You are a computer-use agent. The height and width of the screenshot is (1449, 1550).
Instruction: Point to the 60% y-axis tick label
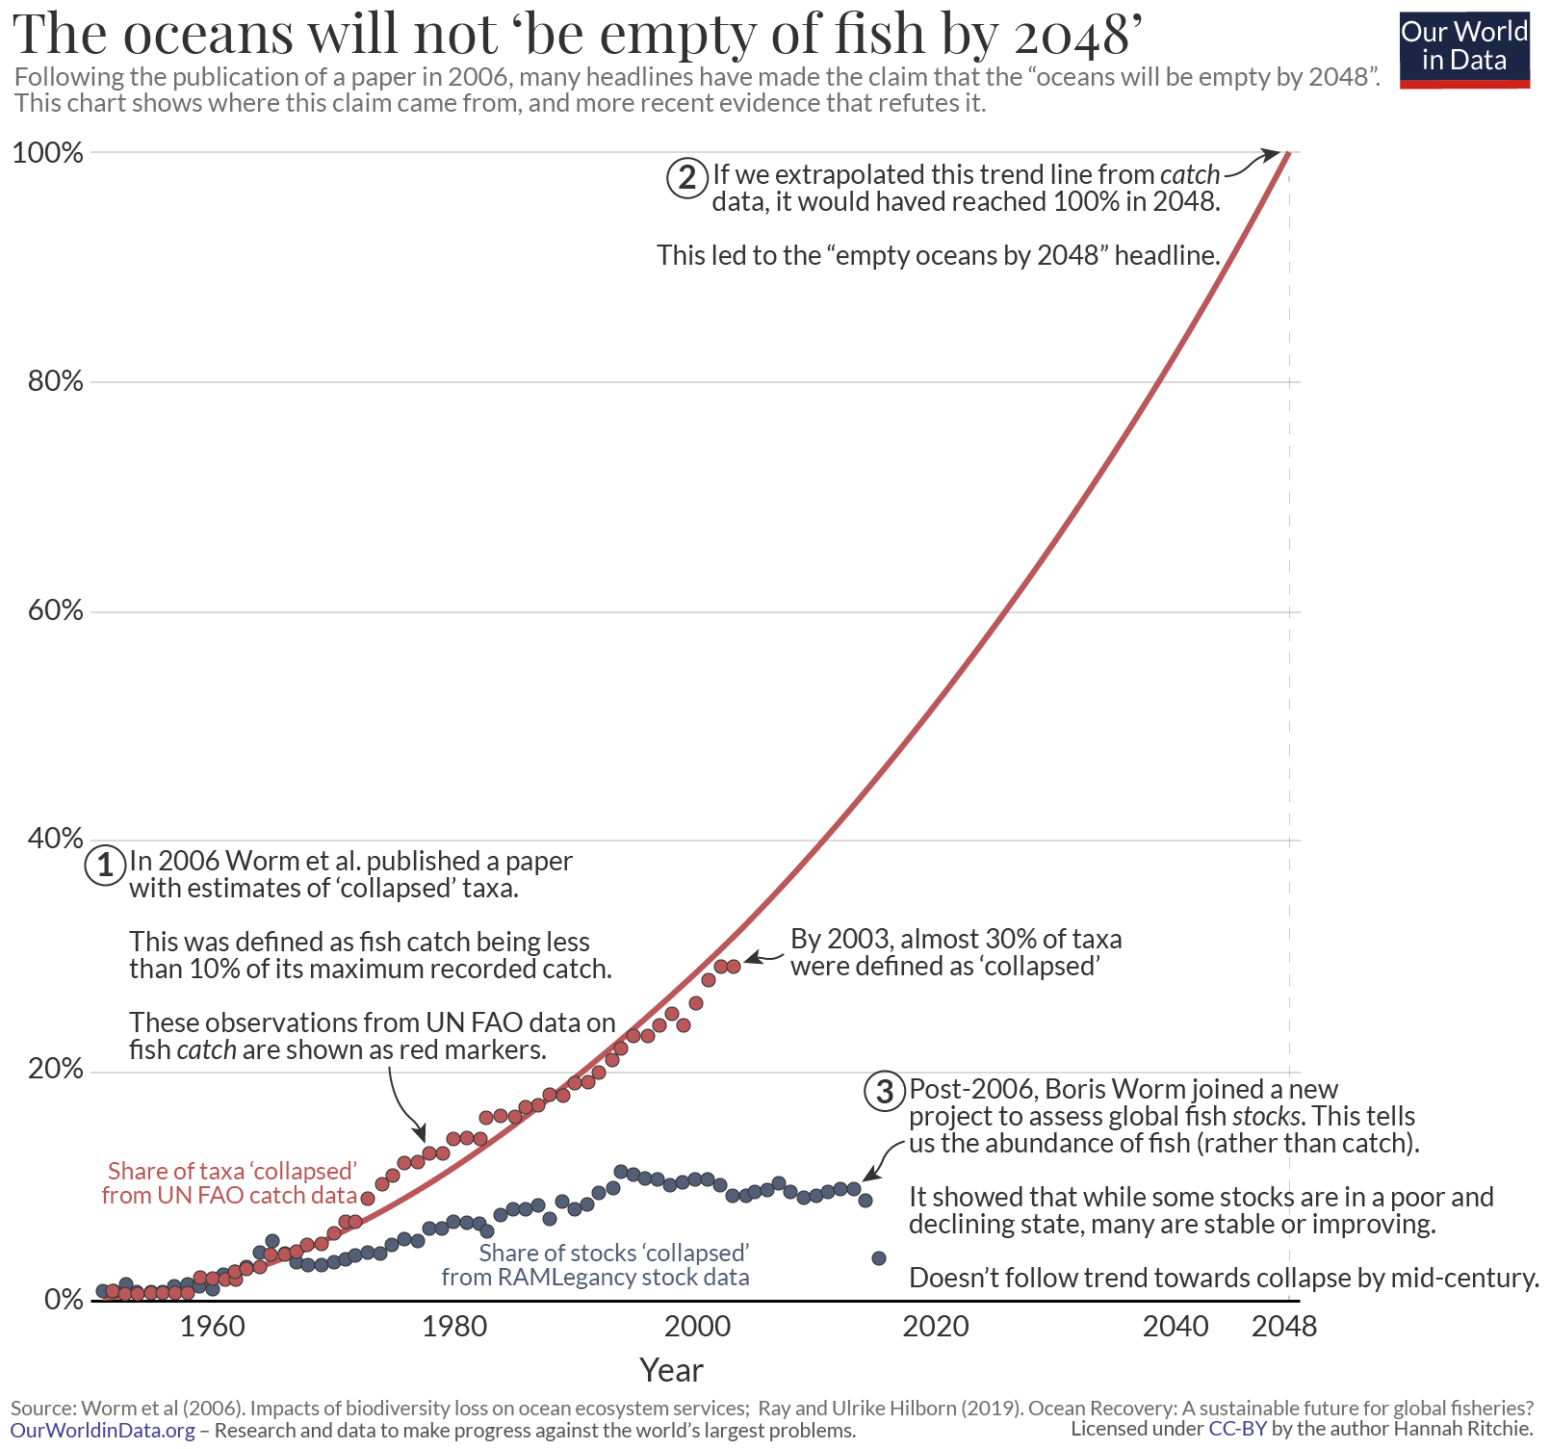(55, 610)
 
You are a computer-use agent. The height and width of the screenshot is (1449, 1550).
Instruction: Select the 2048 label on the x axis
(1283, 1327)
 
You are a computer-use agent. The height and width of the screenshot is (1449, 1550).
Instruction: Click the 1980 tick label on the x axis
(454, 1327)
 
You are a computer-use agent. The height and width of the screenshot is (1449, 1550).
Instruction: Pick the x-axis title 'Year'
(671, 1370)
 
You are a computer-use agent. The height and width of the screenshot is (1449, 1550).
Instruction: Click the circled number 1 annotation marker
(106, 864)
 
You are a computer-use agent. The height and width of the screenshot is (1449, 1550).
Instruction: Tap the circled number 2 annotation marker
(687, 178)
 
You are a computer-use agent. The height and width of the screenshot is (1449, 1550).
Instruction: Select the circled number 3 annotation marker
(885, 1091)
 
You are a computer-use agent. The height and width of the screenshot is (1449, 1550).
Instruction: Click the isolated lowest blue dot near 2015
(879, 1258)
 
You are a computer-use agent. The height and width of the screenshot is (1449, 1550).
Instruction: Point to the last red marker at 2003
(734, 966)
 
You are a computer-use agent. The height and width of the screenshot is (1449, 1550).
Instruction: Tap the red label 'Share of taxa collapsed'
(232, 1171)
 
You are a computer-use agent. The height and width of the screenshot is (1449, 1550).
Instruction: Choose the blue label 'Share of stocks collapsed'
(613, 1253)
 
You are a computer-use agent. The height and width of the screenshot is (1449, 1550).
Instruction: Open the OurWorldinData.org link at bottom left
(102, 1431)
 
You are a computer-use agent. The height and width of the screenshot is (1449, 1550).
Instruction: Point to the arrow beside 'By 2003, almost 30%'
(765, 956)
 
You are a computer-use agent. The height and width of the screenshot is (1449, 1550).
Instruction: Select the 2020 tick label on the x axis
(935, 1327)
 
